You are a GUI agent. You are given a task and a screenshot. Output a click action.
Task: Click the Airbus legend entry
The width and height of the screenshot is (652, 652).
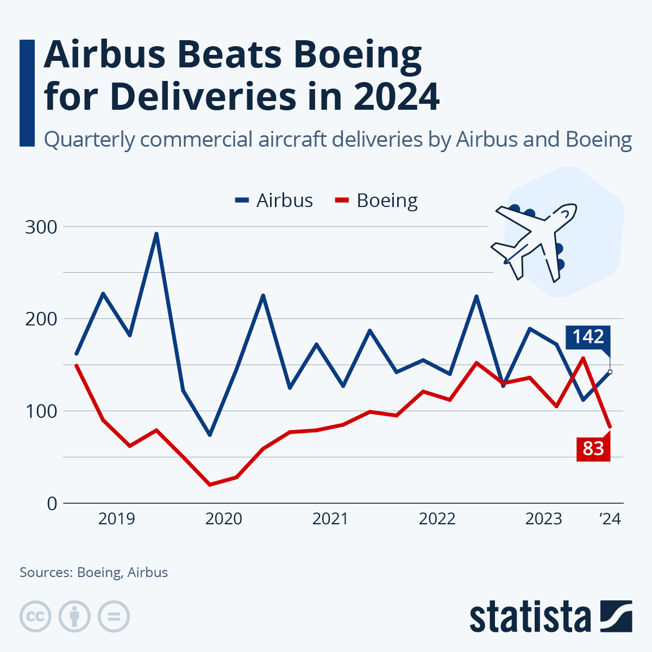pos(274,200)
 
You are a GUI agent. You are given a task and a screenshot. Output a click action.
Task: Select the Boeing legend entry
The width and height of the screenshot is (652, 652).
pos(376,200)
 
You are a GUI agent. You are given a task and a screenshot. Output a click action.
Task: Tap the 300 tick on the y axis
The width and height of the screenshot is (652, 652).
pos(41,227)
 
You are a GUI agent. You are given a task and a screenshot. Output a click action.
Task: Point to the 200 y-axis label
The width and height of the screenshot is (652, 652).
pos(41,318)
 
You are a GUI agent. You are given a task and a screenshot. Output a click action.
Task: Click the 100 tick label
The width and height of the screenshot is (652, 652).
pos(41,411)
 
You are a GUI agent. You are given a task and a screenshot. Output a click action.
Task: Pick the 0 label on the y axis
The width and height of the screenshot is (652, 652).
pos(52,504)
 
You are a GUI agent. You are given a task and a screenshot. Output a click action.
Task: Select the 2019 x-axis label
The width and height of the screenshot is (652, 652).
pos(116,519)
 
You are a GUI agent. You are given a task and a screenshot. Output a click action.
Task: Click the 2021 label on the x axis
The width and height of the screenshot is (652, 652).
pos(330,519)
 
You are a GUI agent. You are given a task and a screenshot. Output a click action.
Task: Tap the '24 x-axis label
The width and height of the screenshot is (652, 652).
pos(610,519)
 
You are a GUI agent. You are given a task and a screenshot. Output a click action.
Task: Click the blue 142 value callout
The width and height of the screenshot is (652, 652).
pos(588,337)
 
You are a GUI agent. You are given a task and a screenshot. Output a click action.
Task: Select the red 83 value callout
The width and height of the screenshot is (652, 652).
pos(593,449)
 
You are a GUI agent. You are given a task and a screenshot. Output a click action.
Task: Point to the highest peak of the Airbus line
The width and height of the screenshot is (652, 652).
pos(156,234)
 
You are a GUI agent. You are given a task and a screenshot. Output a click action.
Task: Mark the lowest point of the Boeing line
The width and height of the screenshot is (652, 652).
pos(210,484)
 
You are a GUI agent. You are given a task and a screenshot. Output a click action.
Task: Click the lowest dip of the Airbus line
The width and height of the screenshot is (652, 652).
pos(210,435)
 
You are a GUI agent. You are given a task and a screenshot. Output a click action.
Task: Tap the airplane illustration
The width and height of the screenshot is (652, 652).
pos(535,242)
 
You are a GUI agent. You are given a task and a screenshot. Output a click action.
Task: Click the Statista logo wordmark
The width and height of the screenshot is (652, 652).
pos(530,617)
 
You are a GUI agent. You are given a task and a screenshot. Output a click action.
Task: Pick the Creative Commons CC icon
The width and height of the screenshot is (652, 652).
pos(35,617)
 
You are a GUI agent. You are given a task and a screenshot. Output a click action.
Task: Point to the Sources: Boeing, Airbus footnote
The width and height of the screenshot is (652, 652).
pos(93,572)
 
